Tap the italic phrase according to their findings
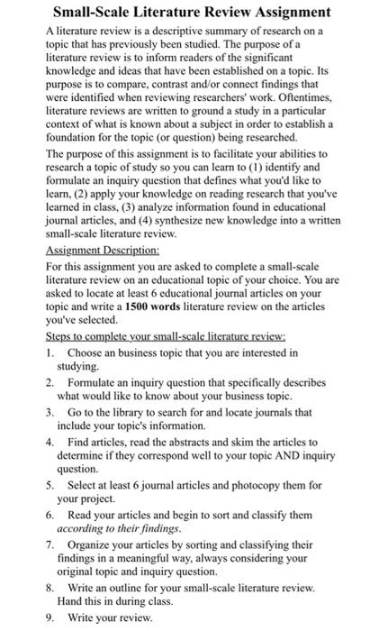point(112,528)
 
